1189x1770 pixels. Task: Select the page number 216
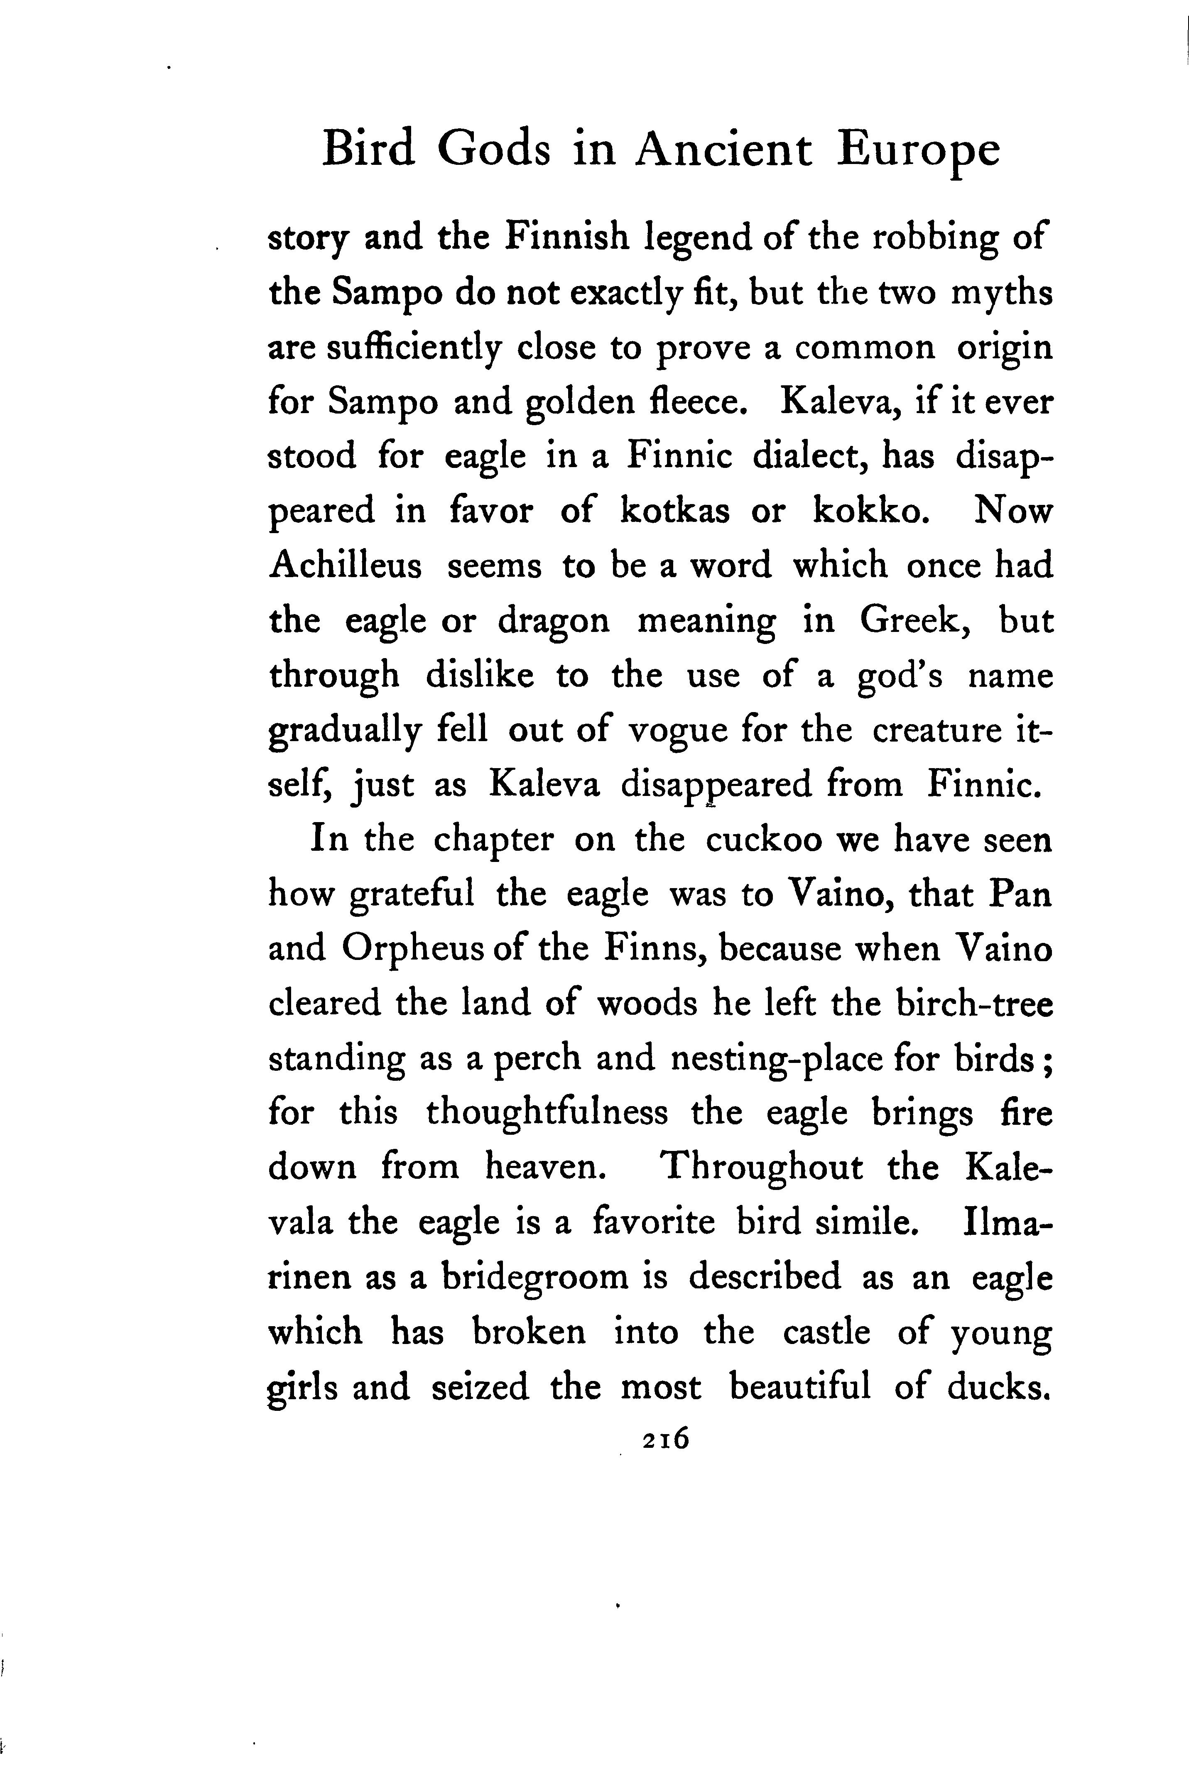[665, 1437]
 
